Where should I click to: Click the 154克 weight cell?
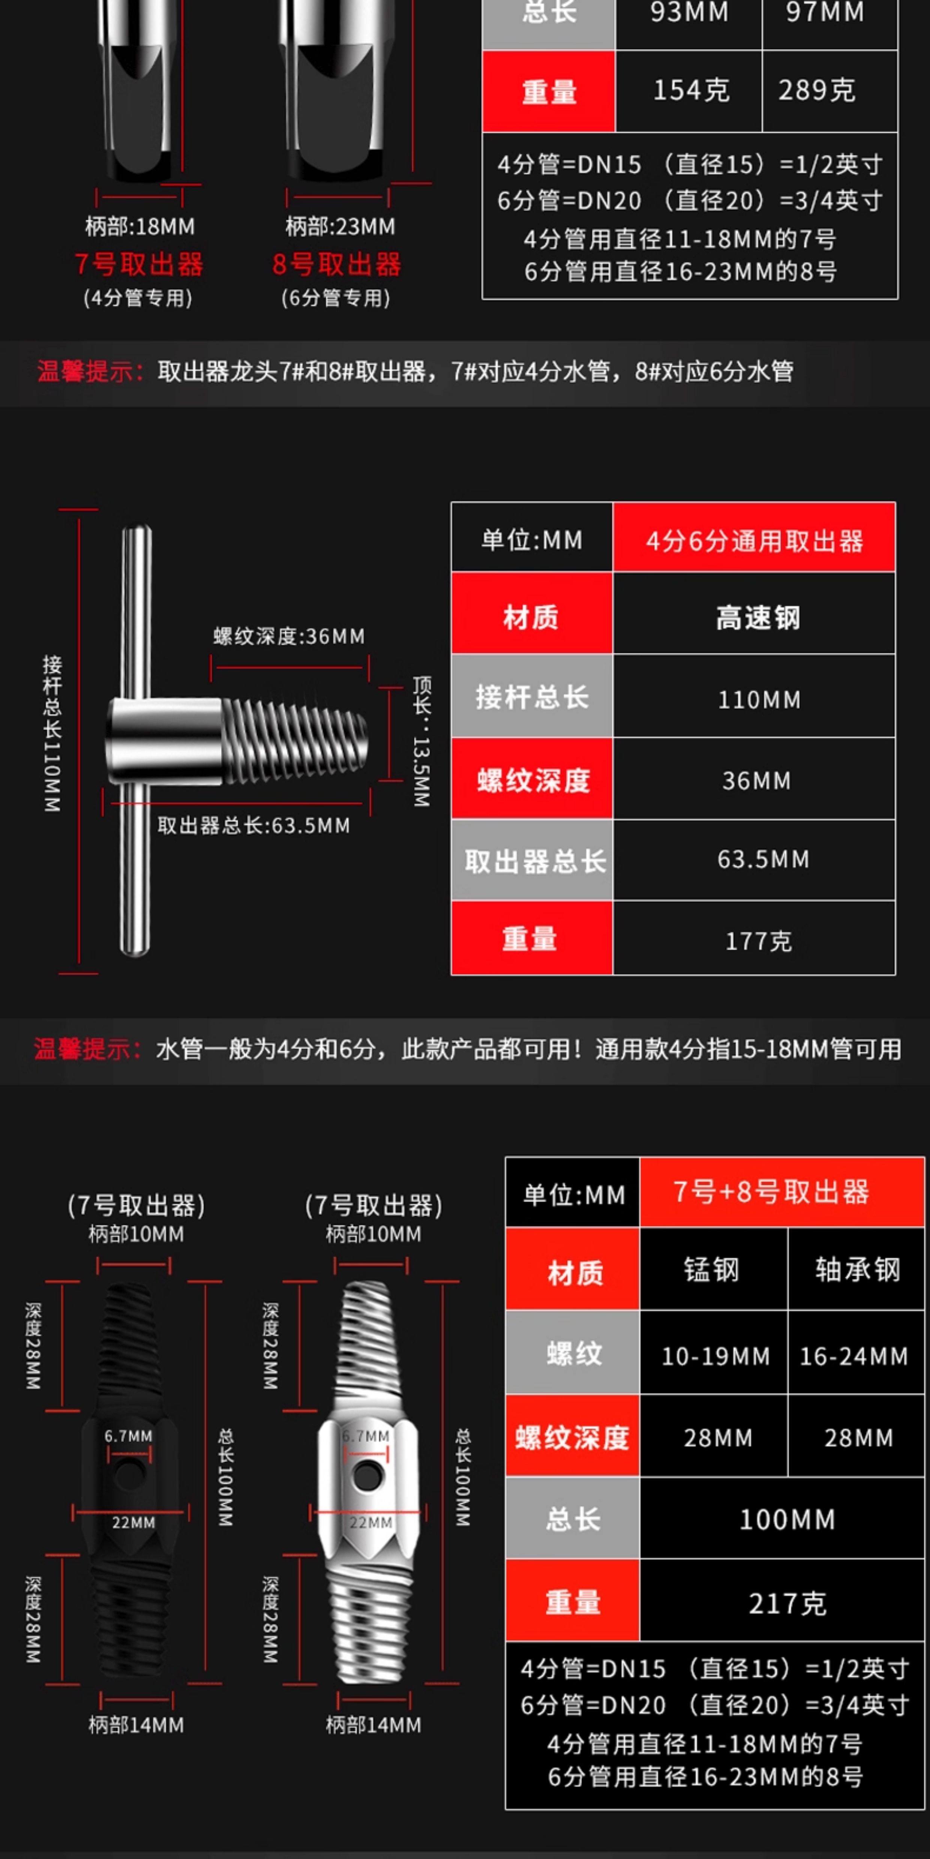pyautogui.click(x=690, y=91)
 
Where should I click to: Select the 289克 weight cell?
pyautogui.click(x=817, y=91)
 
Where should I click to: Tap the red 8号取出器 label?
pyautogui.click(x=336, y=265)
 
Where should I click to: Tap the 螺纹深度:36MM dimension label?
pyautogui.click(x=289, y=636)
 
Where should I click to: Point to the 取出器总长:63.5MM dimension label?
pyautogui.click(x=253, y=826)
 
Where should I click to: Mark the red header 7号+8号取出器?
pyautogui.click(x=771, y=1192)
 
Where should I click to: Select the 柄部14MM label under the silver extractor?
pyautogui.click(x=373, y=1726)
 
